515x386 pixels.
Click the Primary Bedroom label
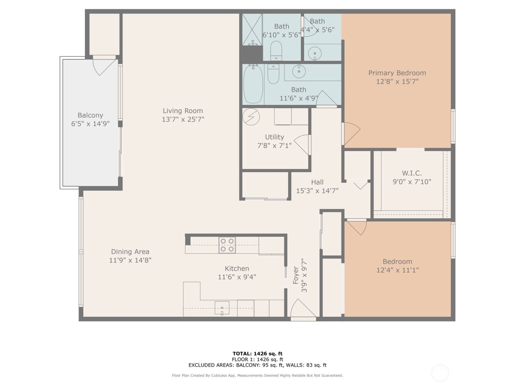pyautogui.click(x=397, y=73)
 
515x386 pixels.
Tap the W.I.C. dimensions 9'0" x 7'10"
pyautogui.click(x=412, y=182)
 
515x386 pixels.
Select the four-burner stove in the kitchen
pyautogui.click(x=227, y=245)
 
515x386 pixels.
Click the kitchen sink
pyautogui.click(x=222, y=308)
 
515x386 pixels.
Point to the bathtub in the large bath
pyautogui.click(x=253, y=84)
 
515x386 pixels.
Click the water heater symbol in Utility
pyautogui.click(x=252, y=117)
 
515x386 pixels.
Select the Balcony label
pyautogui.click(x=90, y=115)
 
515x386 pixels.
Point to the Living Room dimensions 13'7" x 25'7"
pyautogui.click(x=183, y=119)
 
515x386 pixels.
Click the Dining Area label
pyautogui.click(x=130, y=252)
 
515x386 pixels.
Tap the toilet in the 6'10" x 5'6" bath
pyautogui.click(x=276, y=50)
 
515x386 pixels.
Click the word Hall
pyautogui.click(x=317, y=182)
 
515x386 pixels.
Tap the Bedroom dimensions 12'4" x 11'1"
pyautogui.click(x=397, y=270)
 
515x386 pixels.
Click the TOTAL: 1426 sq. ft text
pyautogui.click(x=257, y=354)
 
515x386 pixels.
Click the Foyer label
pyautogui.click(x=296, y=275)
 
